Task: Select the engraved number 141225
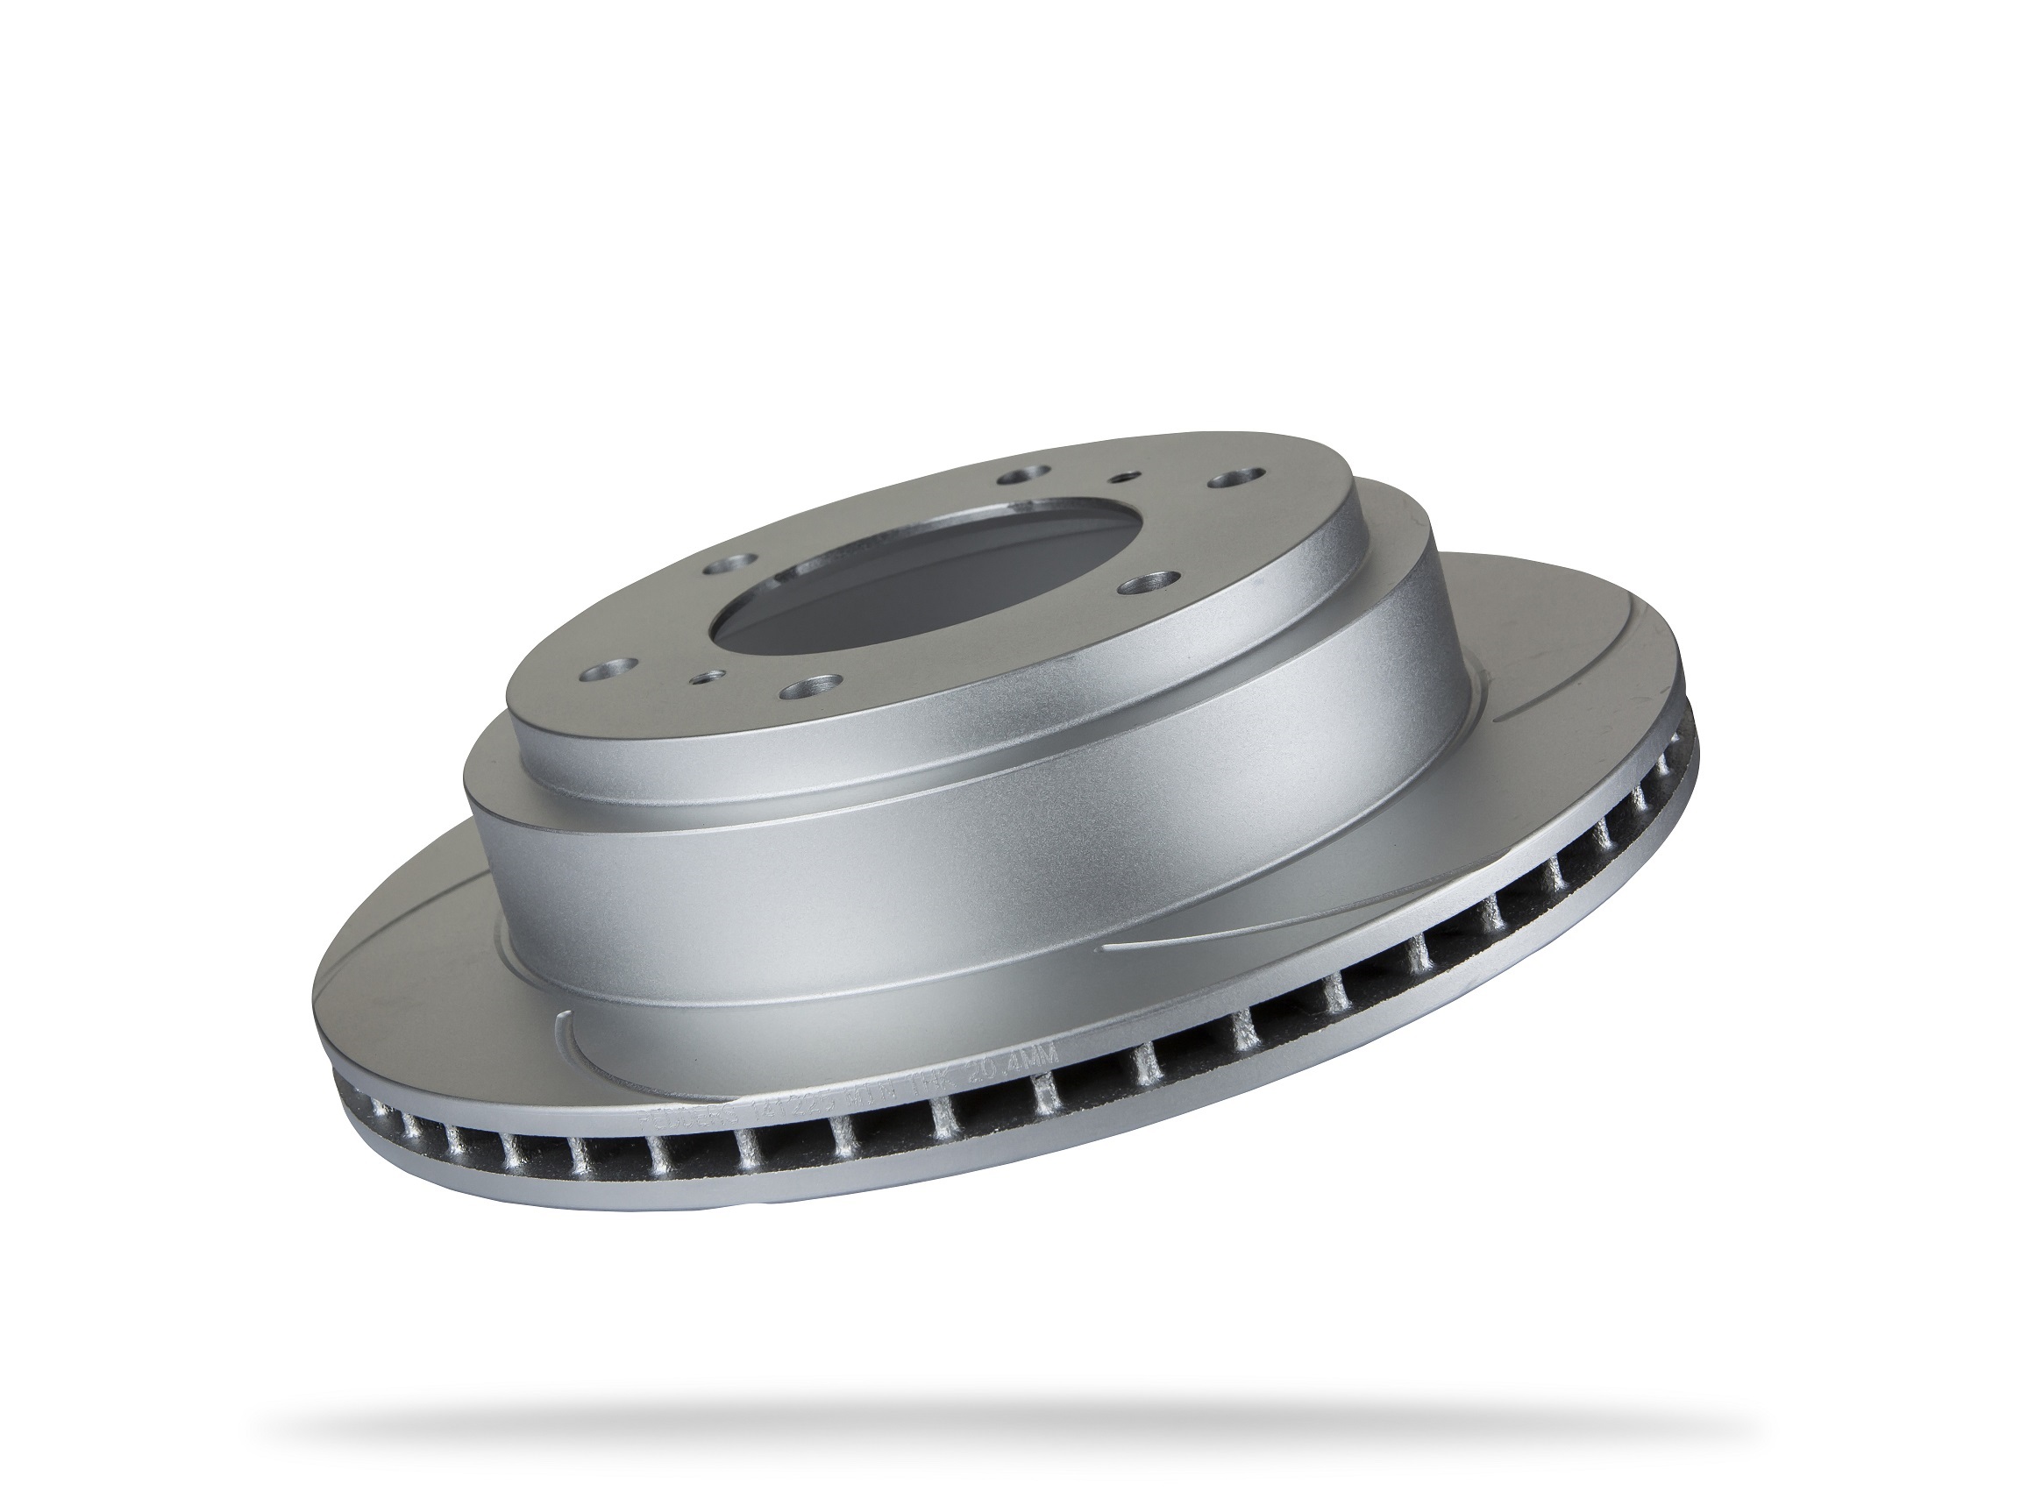[x=786, y=1111]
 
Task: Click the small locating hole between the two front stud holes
[x=706, y=678]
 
